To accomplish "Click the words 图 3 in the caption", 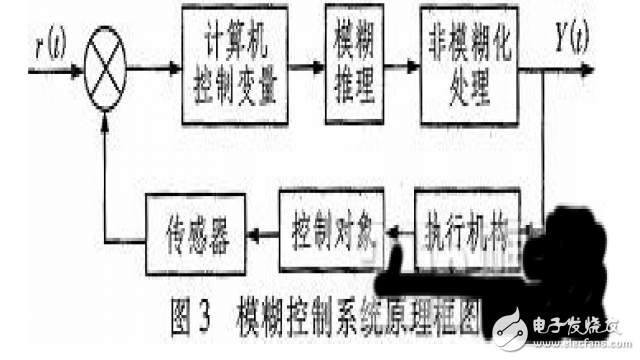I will pyautogui.click(x=190, y=302).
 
